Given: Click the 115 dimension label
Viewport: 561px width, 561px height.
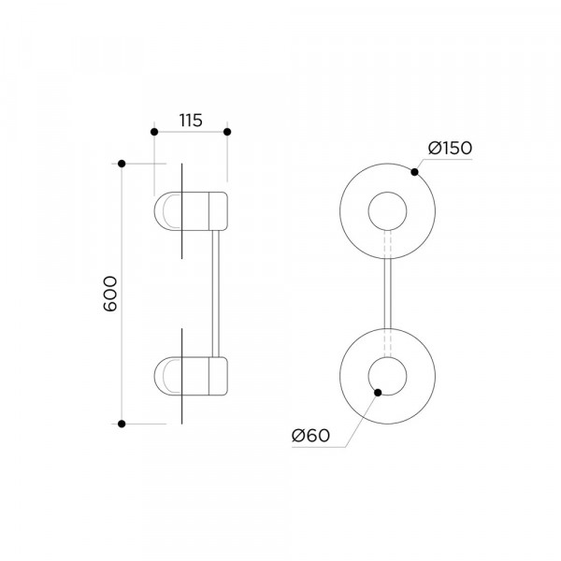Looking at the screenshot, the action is (191, 121).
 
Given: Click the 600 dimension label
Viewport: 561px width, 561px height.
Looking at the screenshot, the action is (110, 294).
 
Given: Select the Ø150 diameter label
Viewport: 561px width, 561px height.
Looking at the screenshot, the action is (450, 148).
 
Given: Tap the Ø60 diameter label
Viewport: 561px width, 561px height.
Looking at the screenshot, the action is (310, 436).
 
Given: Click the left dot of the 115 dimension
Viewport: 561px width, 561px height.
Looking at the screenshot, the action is (154, 132).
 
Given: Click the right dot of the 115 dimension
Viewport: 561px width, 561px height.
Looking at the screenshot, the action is (227, 132).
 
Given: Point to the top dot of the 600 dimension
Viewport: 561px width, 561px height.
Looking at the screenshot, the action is (122, 164).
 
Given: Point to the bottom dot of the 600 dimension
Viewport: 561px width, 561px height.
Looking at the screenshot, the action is (122, 424).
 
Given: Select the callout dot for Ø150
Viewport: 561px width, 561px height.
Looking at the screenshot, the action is (414, 172).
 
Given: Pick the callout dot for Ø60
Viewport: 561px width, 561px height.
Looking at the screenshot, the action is (378, 393).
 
